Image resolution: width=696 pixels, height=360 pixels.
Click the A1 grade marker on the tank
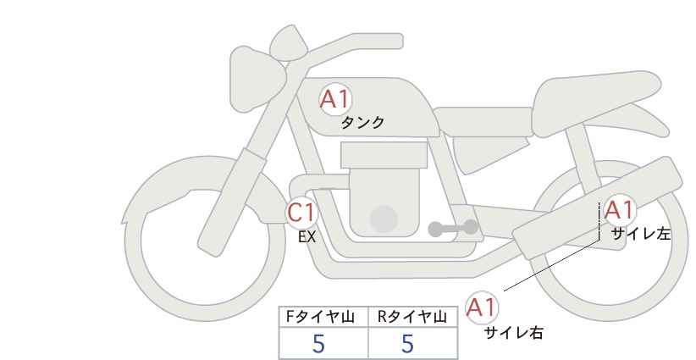(x=335, y=99)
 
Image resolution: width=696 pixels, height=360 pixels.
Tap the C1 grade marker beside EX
(x=301, y=213)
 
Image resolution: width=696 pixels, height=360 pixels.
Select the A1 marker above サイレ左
(x=619, y=210)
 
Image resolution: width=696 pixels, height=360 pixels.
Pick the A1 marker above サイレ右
(x=482, y=307)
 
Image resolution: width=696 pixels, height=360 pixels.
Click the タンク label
(x=362, y=123)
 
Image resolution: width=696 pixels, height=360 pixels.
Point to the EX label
(x=307, y=237)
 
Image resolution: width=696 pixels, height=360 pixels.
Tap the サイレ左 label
(x=640, y=234)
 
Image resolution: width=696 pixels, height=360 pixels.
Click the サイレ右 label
(x=514, y=333)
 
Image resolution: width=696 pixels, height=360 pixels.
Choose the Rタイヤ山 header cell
(x=413, y=317)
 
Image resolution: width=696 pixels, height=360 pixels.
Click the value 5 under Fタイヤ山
(x=318, y=343)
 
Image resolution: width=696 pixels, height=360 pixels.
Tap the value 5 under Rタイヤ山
(x=407, y=343)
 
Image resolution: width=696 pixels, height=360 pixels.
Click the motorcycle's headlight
(x=255, y=79)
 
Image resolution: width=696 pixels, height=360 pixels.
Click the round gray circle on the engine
(x=384, y=219)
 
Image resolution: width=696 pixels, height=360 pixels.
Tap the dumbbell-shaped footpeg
(x=453, y=228)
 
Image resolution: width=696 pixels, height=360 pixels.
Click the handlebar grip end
(x=395, y=42)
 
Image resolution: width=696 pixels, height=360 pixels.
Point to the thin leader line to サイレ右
(x=552, y=265)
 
